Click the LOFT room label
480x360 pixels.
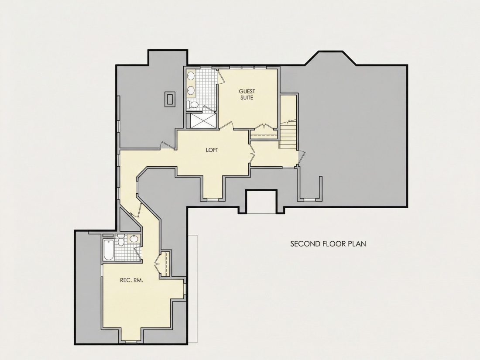212,150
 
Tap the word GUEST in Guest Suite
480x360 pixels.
247,91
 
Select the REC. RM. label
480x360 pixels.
131,280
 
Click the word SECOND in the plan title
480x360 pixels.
305,243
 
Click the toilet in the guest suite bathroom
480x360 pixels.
193,105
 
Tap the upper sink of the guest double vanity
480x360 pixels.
191,75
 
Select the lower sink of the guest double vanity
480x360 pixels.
191,90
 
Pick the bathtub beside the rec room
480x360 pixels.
108,250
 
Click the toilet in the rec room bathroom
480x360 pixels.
121,240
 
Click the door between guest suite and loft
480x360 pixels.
227,126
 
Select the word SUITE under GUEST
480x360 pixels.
247,98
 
